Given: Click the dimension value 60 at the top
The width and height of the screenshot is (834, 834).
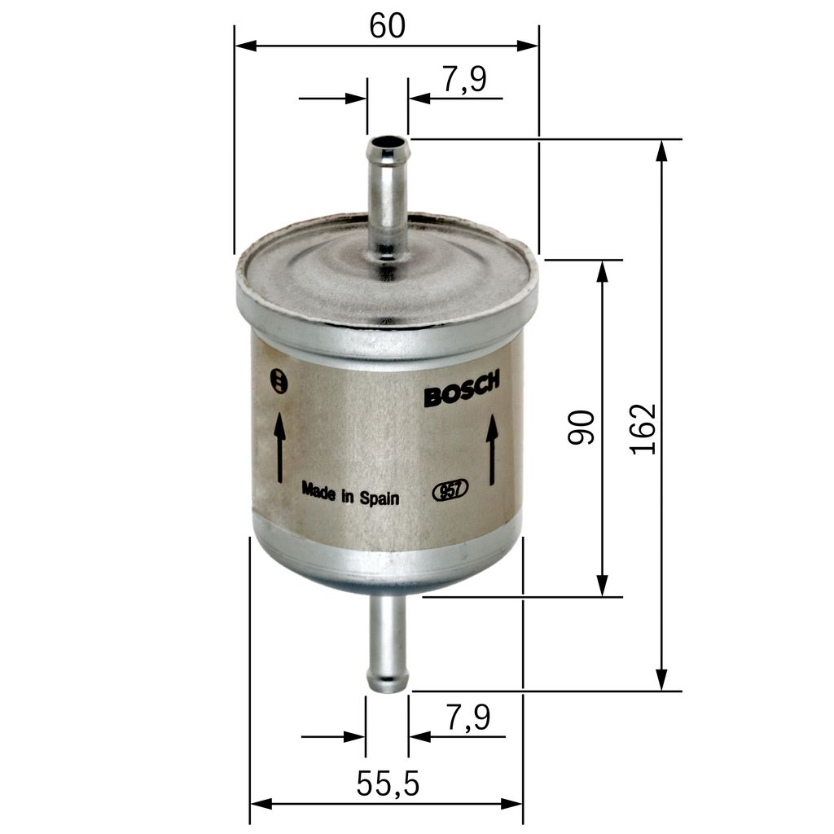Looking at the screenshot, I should tap(387, 26).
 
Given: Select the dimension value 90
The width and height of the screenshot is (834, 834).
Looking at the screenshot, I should tap(582, 428).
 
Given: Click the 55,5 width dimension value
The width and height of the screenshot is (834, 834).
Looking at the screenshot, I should tap(387, 784).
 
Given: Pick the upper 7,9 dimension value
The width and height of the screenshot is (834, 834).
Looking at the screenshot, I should tap(464, 80).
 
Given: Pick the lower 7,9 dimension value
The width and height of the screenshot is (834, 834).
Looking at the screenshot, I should tap(467, 718).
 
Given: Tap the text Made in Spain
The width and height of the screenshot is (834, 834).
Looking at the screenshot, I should tap(350, 494).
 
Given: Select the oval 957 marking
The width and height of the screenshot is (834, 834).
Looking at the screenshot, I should tap(450, 490).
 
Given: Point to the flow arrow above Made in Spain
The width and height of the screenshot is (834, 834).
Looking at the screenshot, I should tap(279, 446).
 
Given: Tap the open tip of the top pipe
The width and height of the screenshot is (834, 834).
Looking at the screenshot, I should tap(388, 147).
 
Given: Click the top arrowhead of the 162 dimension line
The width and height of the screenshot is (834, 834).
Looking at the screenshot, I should tap(661, 150).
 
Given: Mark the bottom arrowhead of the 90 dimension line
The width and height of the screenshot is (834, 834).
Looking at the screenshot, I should tap(602, 586).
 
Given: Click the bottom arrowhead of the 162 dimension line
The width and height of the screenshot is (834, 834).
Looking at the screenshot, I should tap(661, 680).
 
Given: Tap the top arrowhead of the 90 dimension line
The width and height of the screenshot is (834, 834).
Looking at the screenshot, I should tap(602, 271).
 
